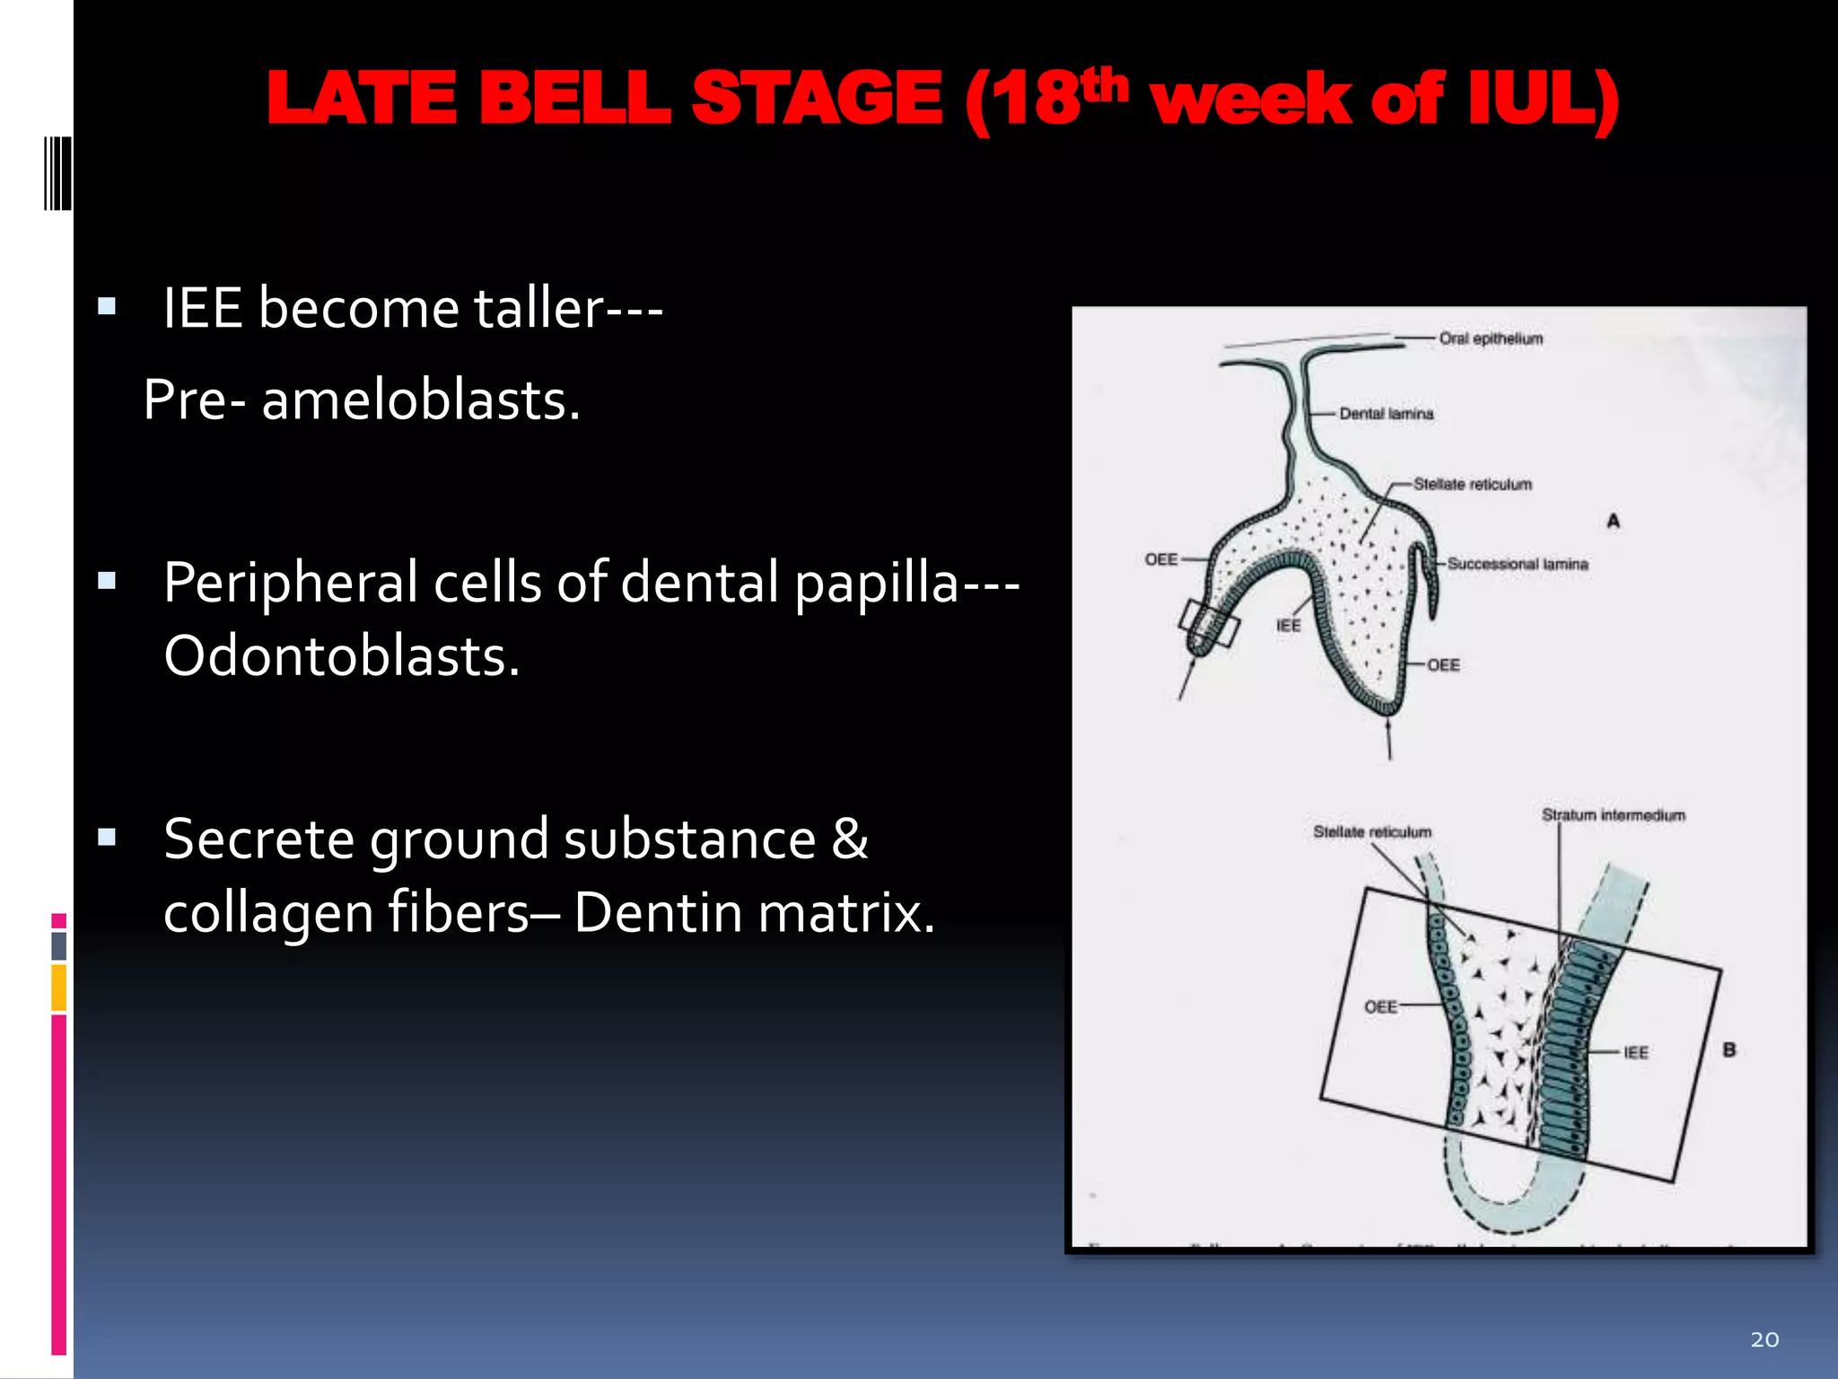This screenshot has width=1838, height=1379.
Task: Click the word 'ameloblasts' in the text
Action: (x=420, y=400)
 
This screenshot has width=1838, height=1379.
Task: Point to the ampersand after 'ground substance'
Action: (x=849, y=839)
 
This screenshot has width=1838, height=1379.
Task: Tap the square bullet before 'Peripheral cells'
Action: (x=108, y=581)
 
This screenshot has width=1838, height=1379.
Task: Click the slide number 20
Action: (x=1764, y=1339)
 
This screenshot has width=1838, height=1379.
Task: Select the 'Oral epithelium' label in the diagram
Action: (x=1491, y=338)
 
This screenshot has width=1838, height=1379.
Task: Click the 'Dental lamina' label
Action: (x=1386, y=414)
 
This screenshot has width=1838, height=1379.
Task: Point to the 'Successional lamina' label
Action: (x=1517, y=564)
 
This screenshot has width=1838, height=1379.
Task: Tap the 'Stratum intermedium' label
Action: (x=1613, y=815)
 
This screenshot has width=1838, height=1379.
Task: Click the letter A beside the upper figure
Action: (x=1613, y=521)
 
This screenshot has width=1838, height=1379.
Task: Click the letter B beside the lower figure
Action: (x=1729, y=1050)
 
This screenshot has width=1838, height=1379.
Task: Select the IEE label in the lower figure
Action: (x=1635, y=1052)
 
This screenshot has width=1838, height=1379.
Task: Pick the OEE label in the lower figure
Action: (x=1380, y=1007)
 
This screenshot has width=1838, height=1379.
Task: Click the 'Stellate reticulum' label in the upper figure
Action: (x=1472, y=485)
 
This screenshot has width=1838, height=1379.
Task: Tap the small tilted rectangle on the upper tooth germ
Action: (x=1209, y=624)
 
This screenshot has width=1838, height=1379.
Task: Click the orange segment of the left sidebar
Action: (x=59, y=988)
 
